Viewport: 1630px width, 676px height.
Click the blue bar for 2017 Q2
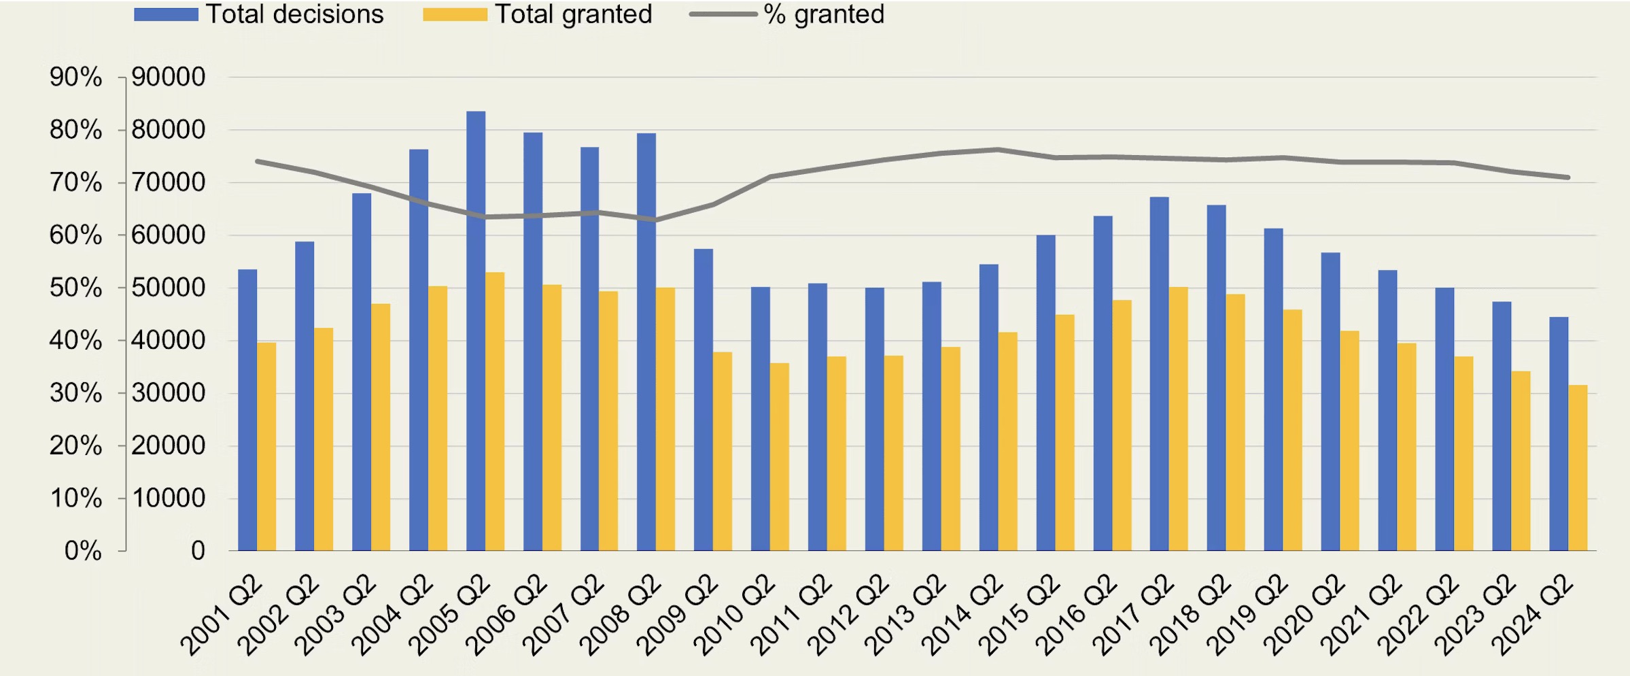point(1160,374)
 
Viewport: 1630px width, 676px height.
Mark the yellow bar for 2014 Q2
point(1007,441)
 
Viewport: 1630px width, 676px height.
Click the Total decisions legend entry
point(259,14)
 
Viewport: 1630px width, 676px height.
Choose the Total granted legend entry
point(538,14)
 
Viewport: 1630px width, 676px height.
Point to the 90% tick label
point(75,77)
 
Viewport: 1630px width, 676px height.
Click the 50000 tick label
point(168,288)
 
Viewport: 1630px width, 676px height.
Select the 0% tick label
point(83,551)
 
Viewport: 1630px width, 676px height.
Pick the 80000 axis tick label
point(168,129)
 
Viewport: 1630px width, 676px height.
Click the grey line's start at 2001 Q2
point(257,161)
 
